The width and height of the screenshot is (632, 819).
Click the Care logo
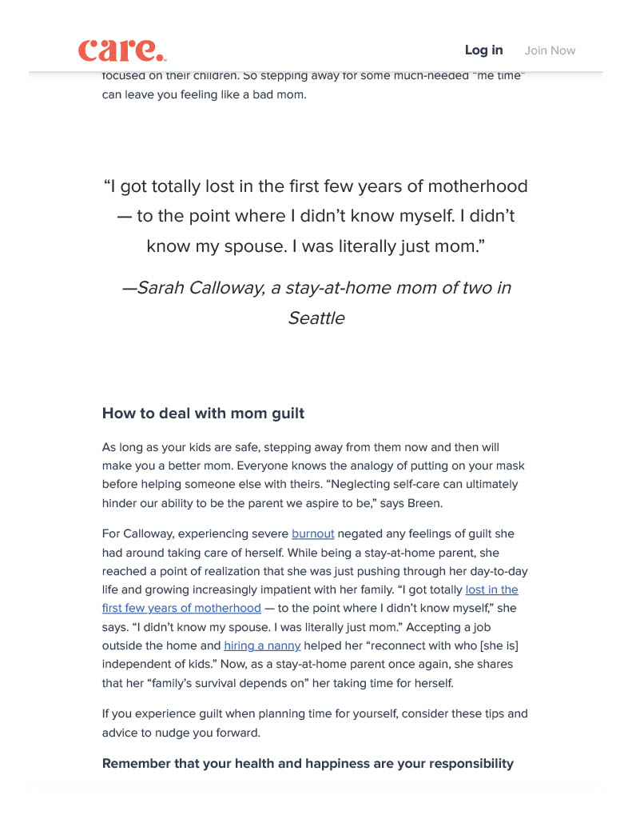click(121, 50)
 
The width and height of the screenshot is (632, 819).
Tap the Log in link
click(483, 50)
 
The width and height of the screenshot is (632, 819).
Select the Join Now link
click(550, 50)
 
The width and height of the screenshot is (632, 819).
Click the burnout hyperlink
click(312, 534)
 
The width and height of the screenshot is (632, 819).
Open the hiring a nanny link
click(262, 645)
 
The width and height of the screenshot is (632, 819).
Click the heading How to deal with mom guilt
click(203, 413)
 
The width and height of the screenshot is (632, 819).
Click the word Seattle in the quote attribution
click(316, 318)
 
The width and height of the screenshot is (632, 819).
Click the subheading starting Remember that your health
click(308, 763)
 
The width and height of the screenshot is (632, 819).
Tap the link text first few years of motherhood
click(181, 608)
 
